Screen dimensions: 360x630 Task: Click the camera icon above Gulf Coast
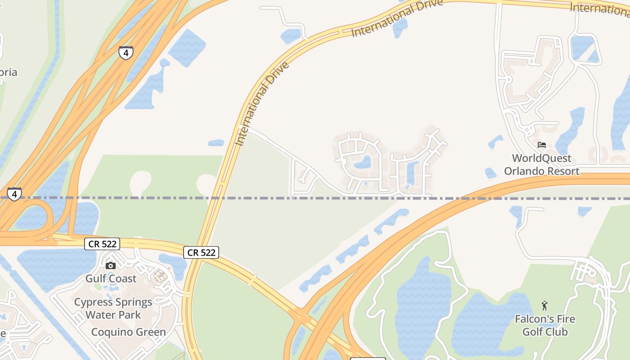click(x=111, y=265)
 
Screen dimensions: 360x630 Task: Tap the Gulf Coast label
click(x=111, y=279)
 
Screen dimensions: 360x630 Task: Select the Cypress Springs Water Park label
click(x=113, y=308)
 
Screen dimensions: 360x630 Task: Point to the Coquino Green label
click(x=128, y=333)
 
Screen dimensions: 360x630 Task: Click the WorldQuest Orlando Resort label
click(x=542, y=165)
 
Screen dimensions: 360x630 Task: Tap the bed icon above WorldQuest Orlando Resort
click(x=542, y=145)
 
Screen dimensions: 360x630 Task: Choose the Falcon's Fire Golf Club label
click(x=545, y=325)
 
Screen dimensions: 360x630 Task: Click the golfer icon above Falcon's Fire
click(x=545, y=306)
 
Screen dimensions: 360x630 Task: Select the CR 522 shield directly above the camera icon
click(x=102, y=244)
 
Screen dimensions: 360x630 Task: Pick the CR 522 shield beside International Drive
click(x=201, y=252)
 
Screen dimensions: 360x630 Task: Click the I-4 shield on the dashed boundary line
click(x=14, y=194)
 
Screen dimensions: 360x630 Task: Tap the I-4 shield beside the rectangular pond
click(x=126, y=53)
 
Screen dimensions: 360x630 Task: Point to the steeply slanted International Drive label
click(x=262, y=104)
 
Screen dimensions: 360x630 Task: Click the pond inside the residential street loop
click(x=363, y=162)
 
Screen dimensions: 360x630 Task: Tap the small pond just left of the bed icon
click(x=495, y=142)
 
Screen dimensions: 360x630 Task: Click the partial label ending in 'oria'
click(x=9, y=72)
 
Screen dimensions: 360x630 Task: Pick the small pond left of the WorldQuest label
click(x=490, y=173)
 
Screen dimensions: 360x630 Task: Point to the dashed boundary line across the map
click(x=315, y=198)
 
